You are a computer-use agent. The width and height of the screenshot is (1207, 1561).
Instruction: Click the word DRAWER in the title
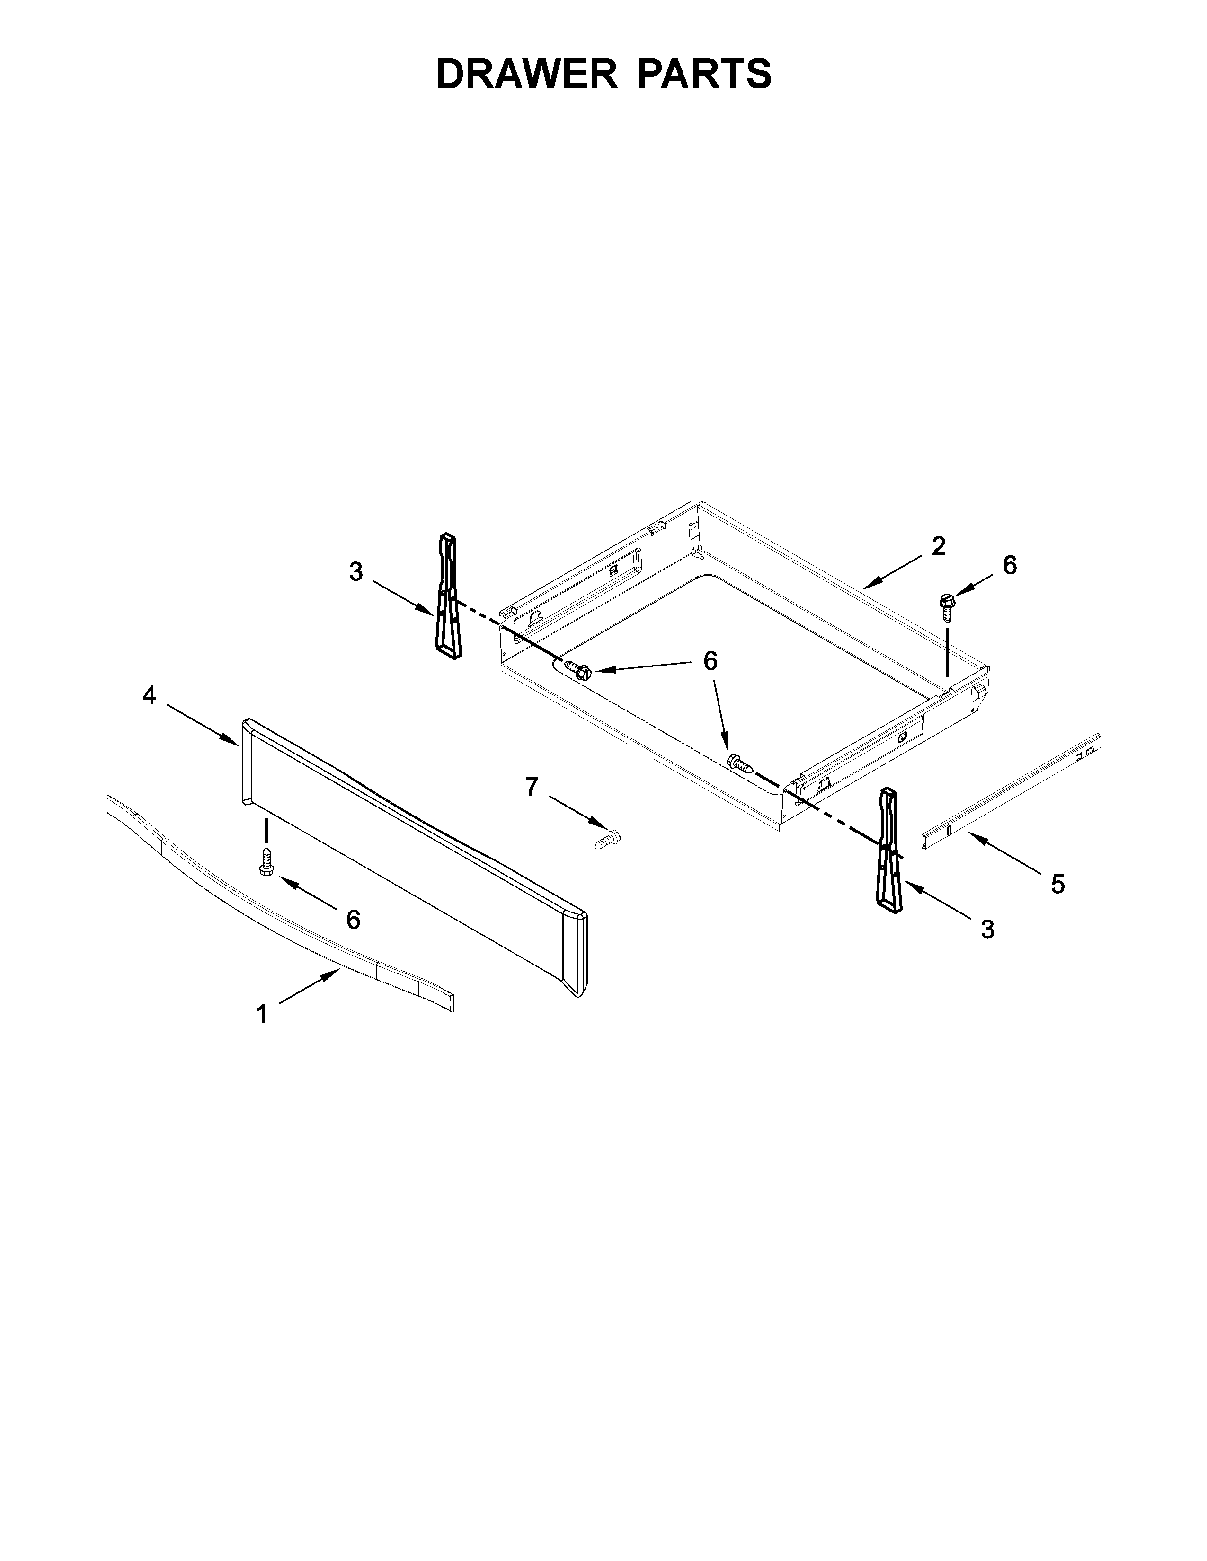526,74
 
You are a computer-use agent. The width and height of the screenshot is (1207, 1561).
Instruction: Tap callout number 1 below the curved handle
262,1014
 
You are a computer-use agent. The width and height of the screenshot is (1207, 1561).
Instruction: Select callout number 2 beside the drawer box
939,546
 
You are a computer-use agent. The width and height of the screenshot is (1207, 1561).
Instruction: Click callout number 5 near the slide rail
1057,884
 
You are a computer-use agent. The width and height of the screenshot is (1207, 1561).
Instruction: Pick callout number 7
531,787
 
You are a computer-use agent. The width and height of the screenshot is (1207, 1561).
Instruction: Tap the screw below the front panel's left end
266,862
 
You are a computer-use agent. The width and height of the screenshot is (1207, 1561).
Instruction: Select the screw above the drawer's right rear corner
948,607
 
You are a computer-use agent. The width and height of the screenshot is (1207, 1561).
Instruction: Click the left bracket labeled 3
448,594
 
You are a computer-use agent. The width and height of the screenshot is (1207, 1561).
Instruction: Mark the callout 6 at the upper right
1009,565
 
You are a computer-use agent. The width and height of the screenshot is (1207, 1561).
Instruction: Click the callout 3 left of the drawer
355,572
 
